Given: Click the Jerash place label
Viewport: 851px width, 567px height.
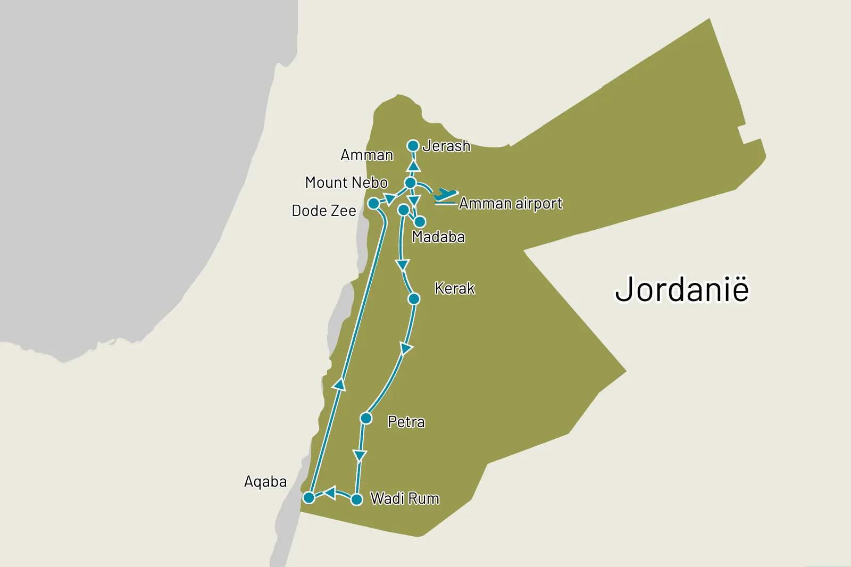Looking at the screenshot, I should tap(446, 146).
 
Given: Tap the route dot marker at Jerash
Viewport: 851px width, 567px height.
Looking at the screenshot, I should tap(413, 146).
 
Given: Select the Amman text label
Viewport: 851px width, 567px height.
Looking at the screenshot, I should tap(366, 155).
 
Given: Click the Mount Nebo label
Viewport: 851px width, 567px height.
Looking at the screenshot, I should tap(346, 182).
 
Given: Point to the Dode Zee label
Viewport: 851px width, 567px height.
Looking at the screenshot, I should tap(324, 211).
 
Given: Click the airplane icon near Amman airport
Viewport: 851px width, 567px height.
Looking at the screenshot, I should tap(445, 196).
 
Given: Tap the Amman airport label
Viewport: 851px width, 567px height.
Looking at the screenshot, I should tap(511, 203).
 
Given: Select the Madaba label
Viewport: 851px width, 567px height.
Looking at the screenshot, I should tap(438, 237).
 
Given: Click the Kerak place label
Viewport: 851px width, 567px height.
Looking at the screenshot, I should tap(454, 288).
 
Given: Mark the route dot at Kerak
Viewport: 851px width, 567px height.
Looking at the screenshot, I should tap(414, 299).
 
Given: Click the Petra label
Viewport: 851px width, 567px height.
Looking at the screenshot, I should tap(406, 422).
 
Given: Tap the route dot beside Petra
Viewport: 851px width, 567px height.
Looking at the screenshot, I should tap(366, 419).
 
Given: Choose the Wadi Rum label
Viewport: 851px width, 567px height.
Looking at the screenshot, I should tap(405, 498).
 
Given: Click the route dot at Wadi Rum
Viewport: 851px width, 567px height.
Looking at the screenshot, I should tap(357, 499).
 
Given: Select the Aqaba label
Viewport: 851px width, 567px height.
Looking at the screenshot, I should tap(265, 481).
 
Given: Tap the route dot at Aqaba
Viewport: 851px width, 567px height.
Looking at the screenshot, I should tap(309, 498).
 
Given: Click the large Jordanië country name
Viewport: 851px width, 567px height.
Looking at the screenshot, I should tap(682, 289).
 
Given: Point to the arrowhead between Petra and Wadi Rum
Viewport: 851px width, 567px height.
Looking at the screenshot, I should tap(360, 456).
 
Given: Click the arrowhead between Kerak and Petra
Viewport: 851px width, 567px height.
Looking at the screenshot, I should tap(406, 349).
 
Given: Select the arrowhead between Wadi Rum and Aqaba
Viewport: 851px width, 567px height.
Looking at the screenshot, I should tap(330, 493).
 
